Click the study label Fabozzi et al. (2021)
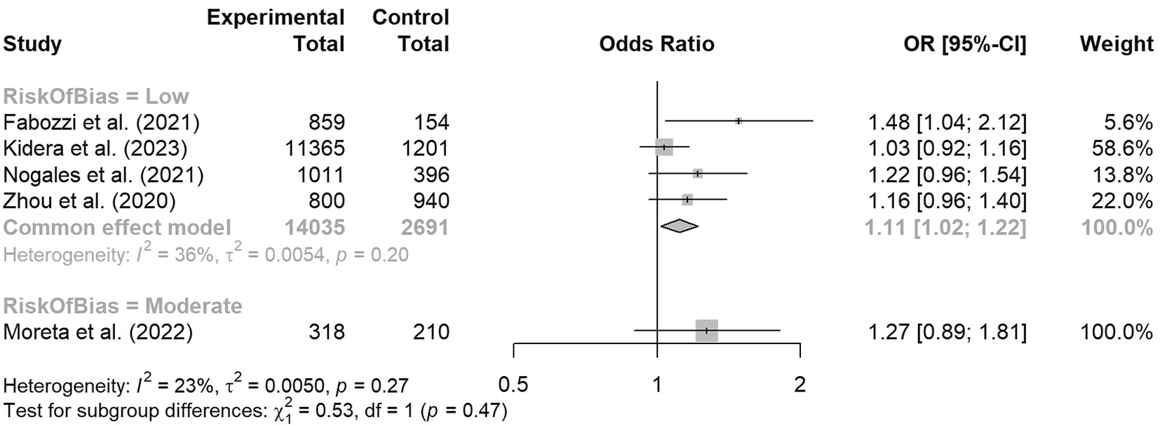(102, 123)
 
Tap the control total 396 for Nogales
(431, 174)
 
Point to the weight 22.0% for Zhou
(1121, 201)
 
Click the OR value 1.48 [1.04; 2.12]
(947, 123)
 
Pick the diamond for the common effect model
(679, 226)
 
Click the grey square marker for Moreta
(706, 331)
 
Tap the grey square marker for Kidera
(663, 148)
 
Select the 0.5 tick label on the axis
(513, 385)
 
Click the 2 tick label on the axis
(800, 385)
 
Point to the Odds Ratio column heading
(656, 44)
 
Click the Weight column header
(1117, 44)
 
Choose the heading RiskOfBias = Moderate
(123, 305)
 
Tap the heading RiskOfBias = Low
(96, 96)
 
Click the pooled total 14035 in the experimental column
(315, 228)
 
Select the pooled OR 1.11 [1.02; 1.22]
(945, 228)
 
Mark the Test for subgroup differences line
(255, 410)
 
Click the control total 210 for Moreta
(431, 331)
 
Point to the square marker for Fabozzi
(739, 121)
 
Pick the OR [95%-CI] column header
(964, 44)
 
